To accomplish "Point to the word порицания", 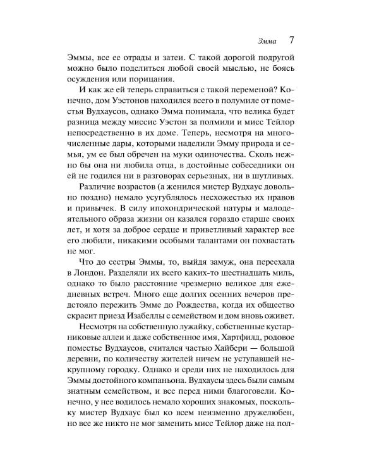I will (145, 79).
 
